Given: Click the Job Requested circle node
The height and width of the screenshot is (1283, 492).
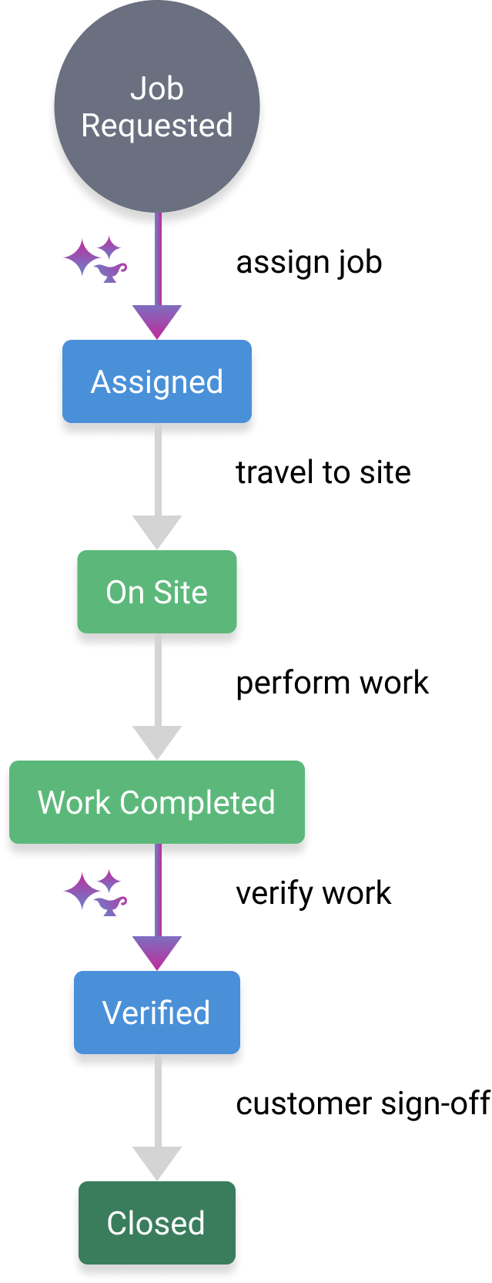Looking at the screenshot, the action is point(157,106).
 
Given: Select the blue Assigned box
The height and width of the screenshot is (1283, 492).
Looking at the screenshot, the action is point(157,381).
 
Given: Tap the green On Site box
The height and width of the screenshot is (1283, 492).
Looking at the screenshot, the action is point(157,592).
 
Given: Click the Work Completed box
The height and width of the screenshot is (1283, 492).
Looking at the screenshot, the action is point(157,802).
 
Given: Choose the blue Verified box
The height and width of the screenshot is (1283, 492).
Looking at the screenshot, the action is point(157,1012).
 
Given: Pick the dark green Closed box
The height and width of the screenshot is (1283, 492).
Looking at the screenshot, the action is point(157,1222).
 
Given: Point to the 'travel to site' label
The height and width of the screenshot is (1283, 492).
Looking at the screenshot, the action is point(323,472).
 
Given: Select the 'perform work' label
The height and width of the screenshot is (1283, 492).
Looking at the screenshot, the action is point(333,683).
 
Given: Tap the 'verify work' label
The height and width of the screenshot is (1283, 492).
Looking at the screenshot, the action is point(313,894).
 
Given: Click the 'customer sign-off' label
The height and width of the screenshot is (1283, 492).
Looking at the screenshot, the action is point(363,1103).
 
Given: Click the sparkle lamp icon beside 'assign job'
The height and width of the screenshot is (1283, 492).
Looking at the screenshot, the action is point(95,260).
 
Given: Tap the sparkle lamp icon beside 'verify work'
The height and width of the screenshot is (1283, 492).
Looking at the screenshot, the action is point(95,892).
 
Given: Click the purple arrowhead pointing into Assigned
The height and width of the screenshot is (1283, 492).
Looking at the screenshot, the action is point(157,321).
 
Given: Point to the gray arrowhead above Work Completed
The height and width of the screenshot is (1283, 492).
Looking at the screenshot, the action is point(157,742).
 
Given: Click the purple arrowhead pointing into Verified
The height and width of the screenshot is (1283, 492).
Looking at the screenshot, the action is point(157,952).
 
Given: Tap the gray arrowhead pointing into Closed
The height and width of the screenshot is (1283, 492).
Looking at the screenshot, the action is point(157,1163).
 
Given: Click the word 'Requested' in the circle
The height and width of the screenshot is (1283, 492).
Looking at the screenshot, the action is point(157,126).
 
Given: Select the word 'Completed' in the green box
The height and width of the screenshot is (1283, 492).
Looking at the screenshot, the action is point(197,803).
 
